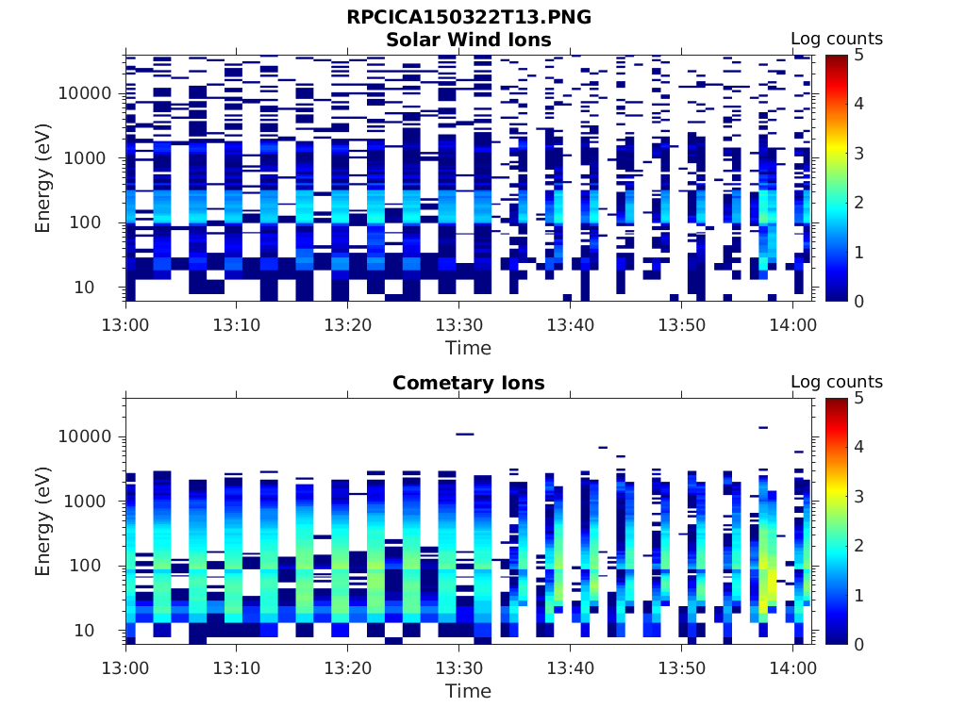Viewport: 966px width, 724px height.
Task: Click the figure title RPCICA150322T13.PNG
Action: [469, 17]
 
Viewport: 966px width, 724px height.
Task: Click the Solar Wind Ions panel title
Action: [469, 40]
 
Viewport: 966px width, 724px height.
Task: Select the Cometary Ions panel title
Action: [469, 383]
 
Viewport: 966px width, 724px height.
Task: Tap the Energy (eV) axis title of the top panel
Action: [43, 178]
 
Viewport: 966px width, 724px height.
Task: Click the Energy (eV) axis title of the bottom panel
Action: [43, 521]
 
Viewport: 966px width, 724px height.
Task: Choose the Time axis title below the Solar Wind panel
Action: [469, 348]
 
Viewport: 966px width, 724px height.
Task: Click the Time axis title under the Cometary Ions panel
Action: [469, 691]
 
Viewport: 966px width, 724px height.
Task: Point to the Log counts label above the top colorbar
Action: [837, 39]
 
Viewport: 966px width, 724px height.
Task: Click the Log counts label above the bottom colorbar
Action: [837, 382]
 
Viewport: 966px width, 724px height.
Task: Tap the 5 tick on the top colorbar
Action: [861, 55]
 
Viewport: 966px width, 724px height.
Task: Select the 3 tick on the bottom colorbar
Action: [861, 496]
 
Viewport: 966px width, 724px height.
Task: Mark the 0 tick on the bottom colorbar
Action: [861, 644]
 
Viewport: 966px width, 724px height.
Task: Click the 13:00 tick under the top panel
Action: [125, 324]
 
